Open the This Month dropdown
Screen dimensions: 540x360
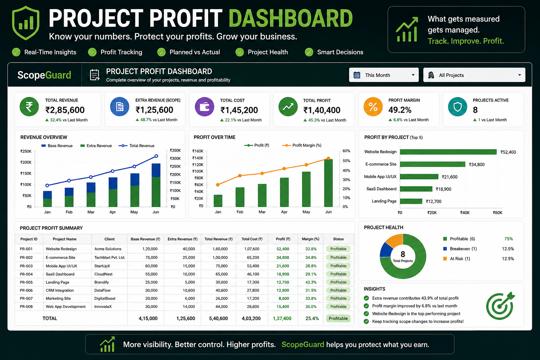point(384,75)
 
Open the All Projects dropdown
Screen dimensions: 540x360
point(474,75)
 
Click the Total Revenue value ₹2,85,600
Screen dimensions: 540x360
point(65,110)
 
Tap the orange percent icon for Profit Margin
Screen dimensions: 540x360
point(373,107)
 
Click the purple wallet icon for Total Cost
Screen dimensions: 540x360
point(204,107)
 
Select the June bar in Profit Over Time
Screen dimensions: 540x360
point(328,183)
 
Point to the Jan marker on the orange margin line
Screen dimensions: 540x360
point(218,185)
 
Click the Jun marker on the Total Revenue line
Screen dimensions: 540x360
point(156,156)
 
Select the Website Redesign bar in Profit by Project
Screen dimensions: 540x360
point(448,152)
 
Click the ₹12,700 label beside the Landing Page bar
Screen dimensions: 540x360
point(433,201)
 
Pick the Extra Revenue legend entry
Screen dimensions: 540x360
point(96,146)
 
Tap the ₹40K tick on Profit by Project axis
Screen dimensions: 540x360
point(465,213)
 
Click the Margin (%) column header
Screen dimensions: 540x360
point(310,239)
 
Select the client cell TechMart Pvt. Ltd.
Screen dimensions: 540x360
point(110,258)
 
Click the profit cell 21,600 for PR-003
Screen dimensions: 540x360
point(283,266)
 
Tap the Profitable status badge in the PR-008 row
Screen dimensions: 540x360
point(338,307)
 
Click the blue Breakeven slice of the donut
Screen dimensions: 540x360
point(385,250)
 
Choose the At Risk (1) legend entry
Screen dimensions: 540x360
point(457,259)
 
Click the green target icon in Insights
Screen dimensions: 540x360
point(500,306)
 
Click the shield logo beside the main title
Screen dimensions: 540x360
point(26,23)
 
